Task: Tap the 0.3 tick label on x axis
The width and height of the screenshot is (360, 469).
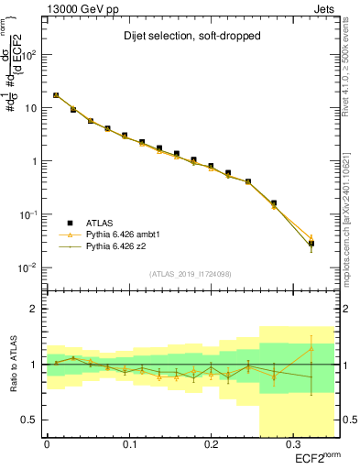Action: pos(292,444)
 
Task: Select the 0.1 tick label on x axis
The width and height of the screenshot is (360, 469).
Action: pos(128,444)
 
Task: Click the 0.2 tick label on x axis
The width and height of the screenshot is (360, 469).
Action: pos(211,444)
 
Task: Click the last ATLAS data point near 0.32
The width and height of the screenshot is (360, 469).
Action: pos(311,244)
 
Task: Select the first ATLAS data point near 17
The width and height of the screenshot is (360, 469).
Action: pos(56,95)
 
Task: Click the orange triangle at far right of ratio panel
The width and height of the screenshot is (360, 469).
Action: pos(311,348)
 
